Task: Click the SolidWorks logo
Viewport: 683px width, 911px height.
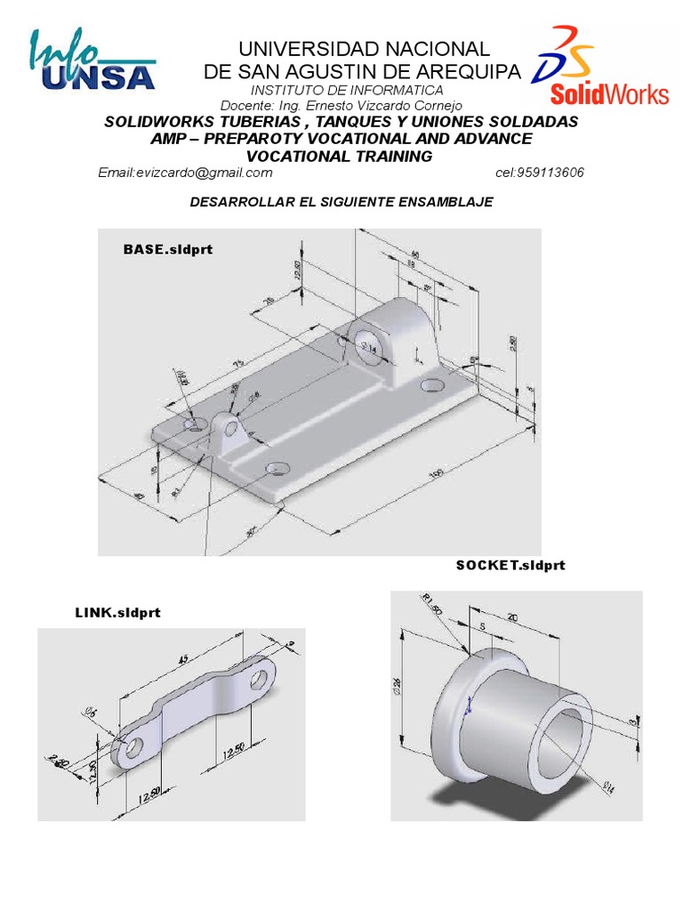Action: [x=602, y=67]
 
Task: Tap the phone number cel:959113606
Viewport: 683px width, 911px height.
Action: [x=539, y=173]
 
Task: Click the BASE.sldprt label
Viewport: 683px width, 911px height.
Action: [x=168, y=249]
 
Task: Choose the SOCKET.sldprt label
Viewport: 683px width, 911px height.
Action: [x=510, y=565]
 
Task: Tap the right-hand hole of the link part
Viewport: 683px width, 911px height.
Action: [x=259, y=680]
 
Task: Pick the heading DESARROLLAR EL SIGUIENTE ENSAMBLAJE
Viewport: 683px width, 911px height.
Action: [x=341, y=203]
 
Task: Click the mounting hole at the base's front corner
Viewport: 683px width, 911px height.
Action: [x=277, y=467]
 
